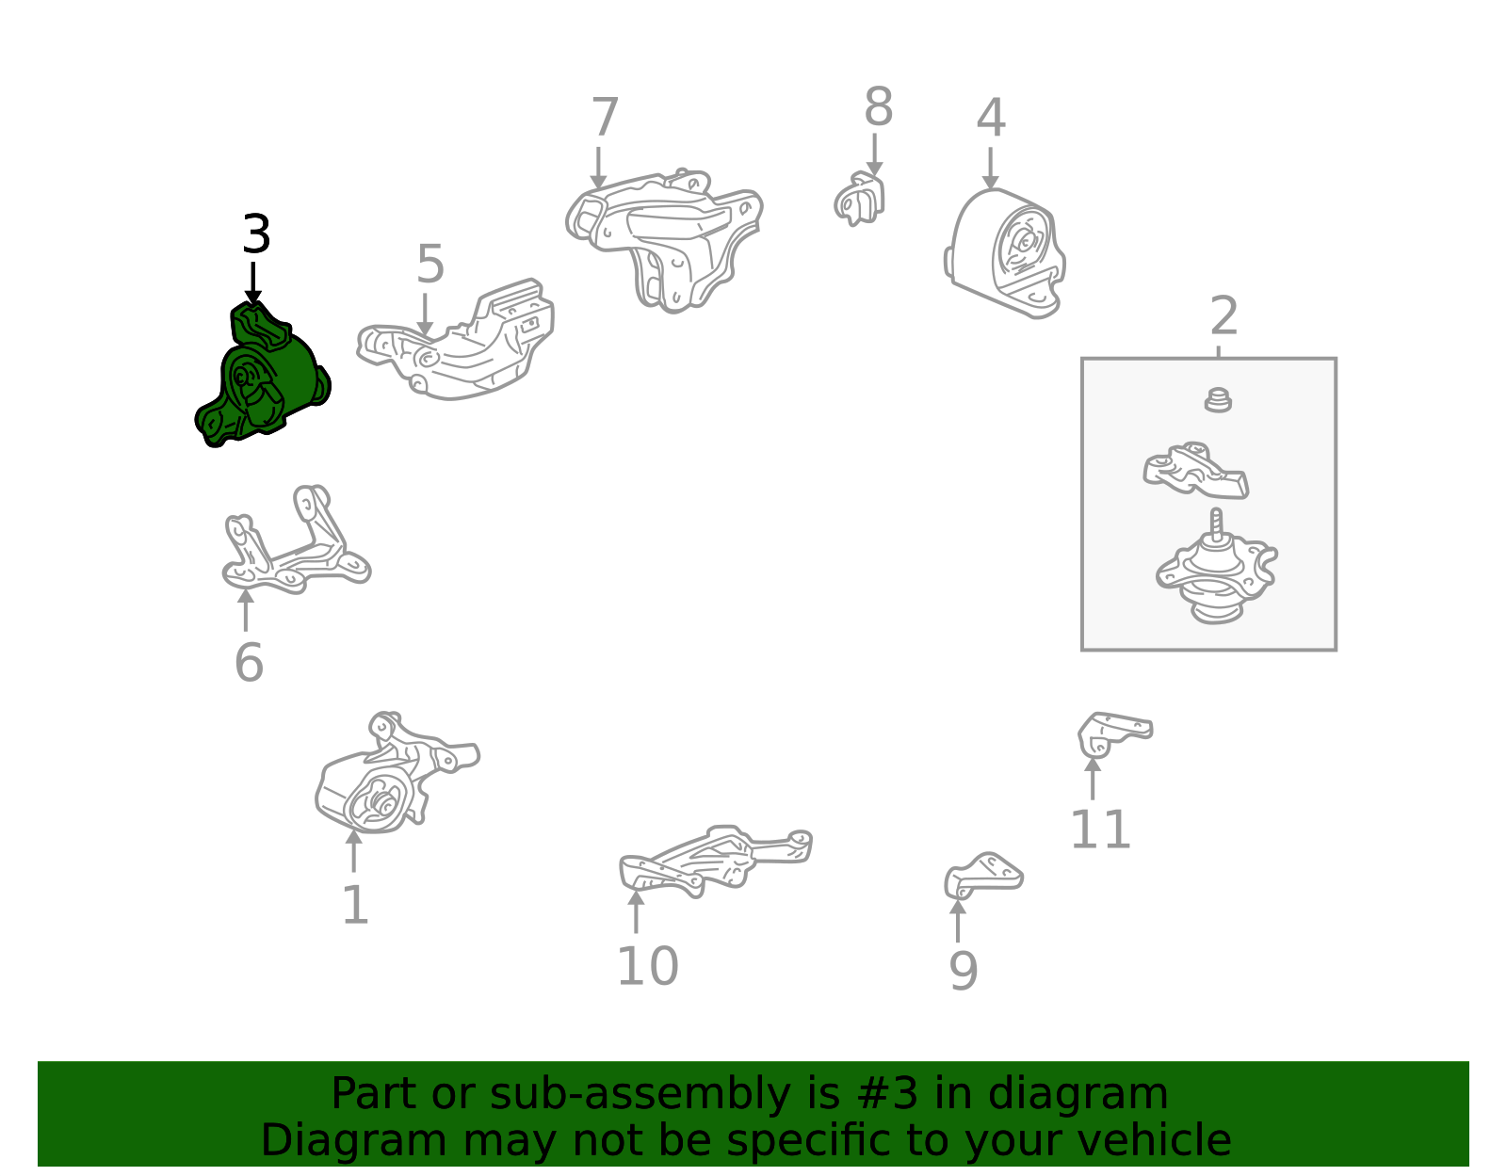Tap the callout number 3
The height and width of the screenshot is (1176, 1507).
point(256,234)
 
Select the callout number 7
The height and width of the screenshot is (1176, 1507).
point(605,117)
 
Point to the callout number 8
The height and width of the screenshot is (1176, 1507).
point(878,107)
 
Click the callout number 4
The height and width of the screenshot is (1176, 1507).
point(991,117)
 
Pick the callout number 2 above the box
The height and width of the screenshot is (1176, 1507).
point(1223,316)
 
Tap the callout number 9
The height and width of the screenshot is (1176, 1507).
point(964,971)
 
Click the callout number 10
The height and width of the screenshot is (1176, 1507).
point(647,965)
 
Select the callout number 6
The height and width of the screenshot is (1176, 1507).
point(249,663)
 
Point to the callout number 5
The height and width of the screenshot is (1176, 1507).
point(430,264)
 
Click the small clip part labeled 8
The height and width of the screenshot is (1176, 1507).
point(859,199)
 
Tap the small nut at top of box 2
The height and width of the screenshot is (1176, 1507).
point(1218,400)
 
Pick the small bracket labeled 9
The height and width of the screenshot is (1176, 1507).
point(982,876)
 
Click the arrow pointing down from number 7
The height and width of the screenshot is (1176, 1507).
point(598,168)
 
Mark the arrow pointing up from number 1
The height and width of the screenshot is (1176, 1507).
point(354,851)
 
